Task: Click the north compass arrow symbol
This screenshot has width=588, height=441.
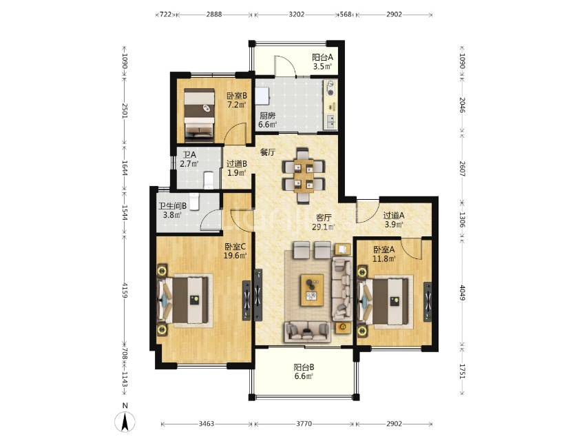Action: pos(125,422)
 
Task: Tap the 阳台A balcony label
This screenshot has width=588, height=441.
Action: pos(322,57)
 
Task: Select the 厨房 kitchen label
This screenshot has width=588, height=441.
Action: pos(267,116)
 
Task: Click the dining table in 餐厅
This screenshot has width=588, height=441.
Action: pos(304,176)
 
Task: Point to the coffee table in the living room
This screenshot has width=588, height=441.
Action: pos(312,290)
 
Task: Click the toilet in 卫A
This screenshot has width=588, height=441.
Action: pos(208,180)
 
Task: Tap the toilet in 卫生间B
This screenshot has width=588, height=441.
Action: pos(193,201)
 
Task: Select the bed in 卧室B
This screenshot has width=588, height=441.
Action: pos(199,116)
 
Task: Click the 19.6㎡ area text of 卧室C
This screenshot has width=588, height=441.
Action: pos(235,256)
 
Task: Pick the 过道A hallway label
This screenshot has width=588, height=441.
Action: pos(394,216)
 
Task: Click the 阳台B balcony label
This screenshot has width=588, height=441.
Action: pos(304,367)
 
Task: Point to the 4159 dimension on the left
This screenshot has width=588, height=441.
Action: pos(125,291)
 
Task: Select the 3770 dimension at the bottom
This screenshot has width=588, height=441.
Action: pos(304,424)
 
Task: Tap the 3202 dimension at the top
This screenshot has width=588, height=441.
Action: pos(297,14)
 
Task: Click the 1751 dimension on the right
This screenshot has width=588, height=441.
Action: pos(462,371)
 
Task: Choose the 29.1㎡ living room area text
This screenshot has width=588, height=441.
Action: pos(324,227)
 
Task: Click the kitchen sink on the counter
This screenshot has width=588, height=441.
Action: pos(330,121)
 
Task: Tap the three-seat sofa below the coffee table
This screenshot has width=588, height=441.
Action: pos(308,331)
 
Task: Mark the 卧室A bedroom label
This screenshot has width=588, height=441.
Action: pos(384,249)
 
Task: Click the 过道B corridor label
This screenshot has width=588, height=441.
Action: pos(237,163)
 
